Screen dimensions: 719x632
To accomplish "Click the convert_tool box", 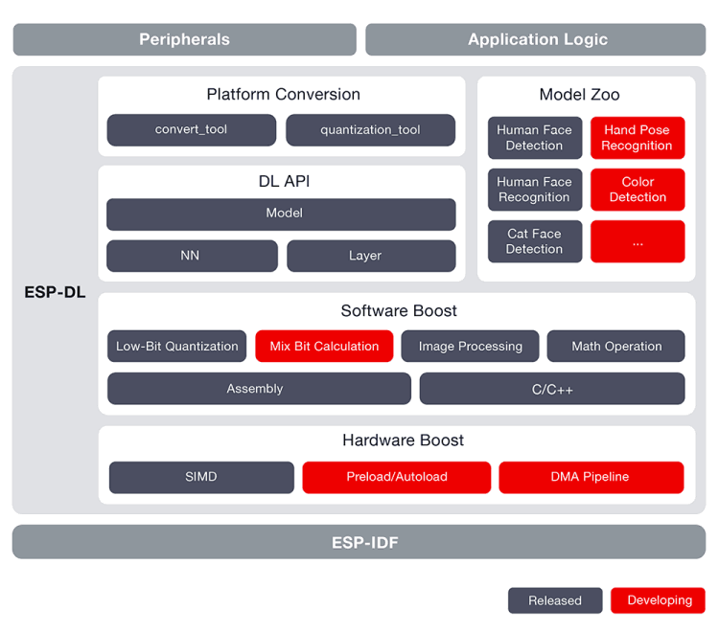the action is (191, 130).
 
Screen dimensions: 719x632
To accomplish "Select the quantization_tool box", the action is (370, 130).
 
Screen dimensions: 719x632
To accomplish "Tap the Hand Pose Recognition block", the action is (638, 138).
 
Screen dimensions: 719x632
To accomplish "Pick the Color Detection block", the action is (638, 190).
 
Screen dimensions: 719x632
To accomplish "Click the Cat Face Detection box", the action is (535, 241).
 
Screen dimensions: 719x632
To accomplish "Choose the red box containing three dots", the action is (638, 241).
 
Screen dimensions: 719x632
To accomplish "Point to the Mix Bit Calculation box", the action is (324, 347).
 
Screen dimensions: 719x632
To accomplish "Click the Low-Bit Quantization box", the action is (176, 347).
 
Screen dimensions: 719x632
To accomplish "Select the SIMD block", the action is (201, 477).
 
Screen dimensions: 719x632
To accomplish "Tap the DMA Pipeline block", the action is (591, 477).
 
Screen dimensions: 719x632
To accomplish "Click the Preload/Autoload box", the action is (397, 477).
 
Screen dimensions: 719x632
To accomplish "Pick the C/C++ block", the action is (552, 389).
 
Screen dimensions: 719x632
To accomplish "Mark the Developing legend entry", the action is (658, 600).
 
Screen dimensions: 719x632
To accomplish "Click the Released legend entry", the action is (555, 600).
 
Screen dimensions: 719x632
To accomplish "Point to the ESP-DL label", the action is (55, 292).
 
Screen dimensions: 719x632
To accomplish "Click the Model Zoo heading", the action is (579, 95).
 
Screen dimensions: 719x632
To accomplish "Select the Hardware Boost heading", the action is (403, 440).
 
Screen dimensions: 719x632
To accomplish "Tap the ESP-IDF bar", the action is (359, 542).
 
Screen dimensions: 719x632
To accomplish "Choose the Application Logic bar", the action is (536, 39).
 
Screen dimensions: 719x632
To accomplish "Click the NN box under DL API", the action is (192, 256).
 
